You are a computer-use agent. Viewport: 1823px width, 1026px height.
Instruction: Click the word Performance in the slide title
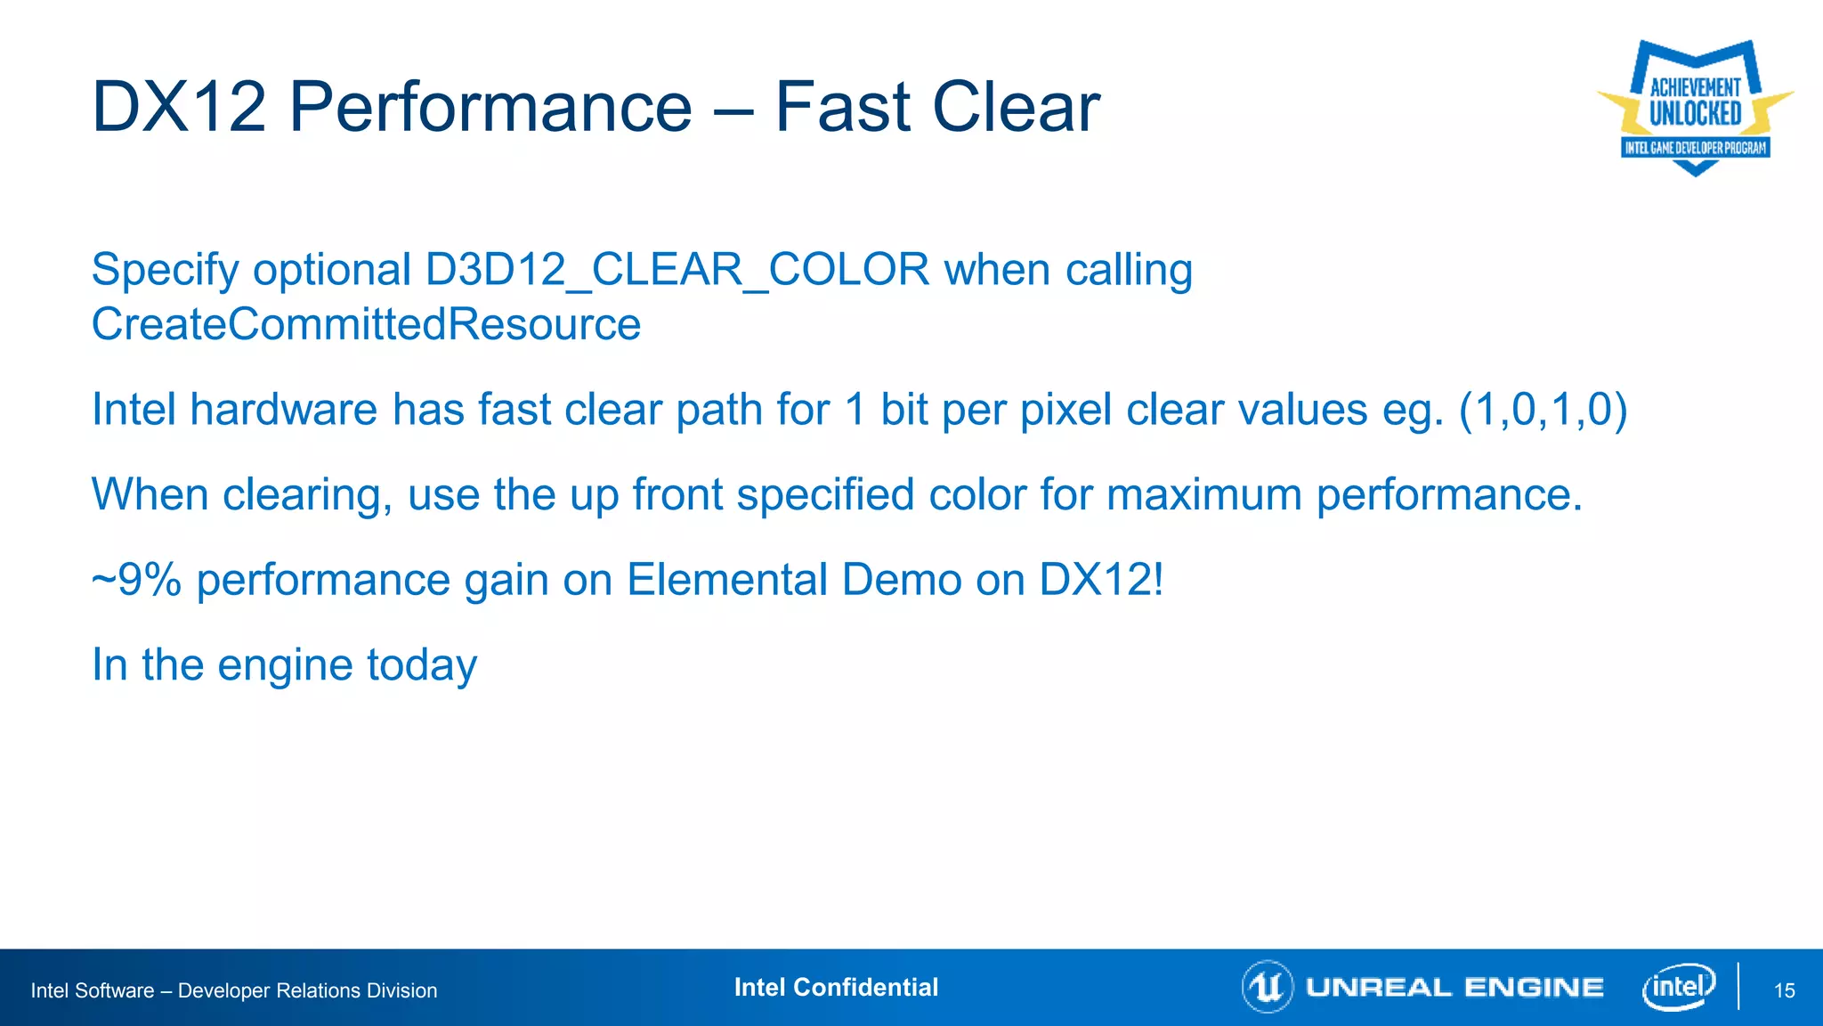[490, 107]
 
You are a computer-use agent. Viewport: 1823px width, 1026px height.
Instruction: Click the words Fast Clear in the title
[937, 107]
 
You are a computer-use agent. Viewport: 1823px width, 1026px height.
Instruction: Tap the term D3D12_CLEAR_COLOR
[677, 270]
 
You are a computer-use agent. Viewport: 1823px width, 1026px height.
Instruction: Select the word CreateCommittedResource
[366, 324]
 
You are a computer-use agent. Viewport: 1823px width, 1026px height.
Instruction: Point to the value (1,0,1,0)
[1543, 410]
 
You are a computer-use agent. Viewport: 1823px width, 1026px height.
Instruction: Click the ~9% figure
[136, 580]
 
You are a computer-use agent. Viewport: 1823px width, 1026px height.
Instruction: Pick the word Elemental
[726, 580]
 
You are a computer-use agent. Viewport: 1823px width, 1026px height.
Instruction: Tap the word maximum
[1203, 494]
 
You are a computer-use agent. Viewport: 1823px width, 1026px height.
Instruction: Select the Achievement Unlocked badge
[1695, 107]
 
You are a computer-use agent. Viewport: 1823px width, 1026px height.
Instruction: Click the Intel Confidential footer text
[836, 987]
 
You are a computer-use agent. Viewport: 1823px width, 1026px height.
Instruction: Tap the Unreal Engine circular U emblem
[1267, 987]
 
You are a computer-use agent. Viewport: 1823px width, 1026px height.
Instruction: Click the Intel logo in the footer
[1678, 987]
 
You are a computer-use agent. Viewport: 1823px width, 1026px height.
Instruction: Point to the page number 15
[1784, 990]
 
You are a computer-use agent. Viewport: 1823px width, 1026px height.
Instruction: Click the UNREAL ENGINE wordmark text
[1454, 987]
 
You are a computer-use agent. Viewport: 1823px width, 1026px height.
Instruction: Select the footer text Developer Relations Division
[307, 990]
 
